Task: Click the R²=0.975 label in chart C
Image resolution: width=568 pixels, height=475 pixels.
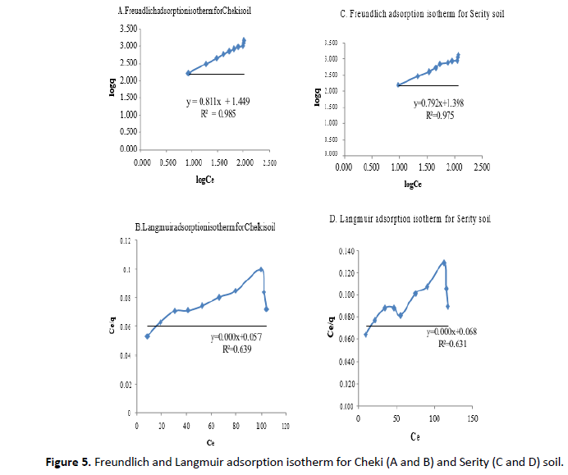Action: click(439, 116)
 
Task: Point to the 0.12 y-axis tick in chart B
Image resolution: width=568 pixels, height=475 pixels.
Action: click(125, 240)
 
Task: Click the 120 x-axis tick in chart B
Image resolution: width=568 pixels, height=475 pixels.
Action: click(286, 427)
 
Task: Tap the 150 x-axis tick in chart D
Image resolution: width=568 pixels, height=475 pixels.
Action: click(473, 418)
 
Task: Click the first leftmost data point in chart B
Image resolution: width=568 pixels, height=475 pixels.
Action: click(148, 336)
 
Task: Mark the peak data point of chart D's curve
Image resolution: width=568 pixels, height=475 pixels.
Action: click(444, 263)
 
